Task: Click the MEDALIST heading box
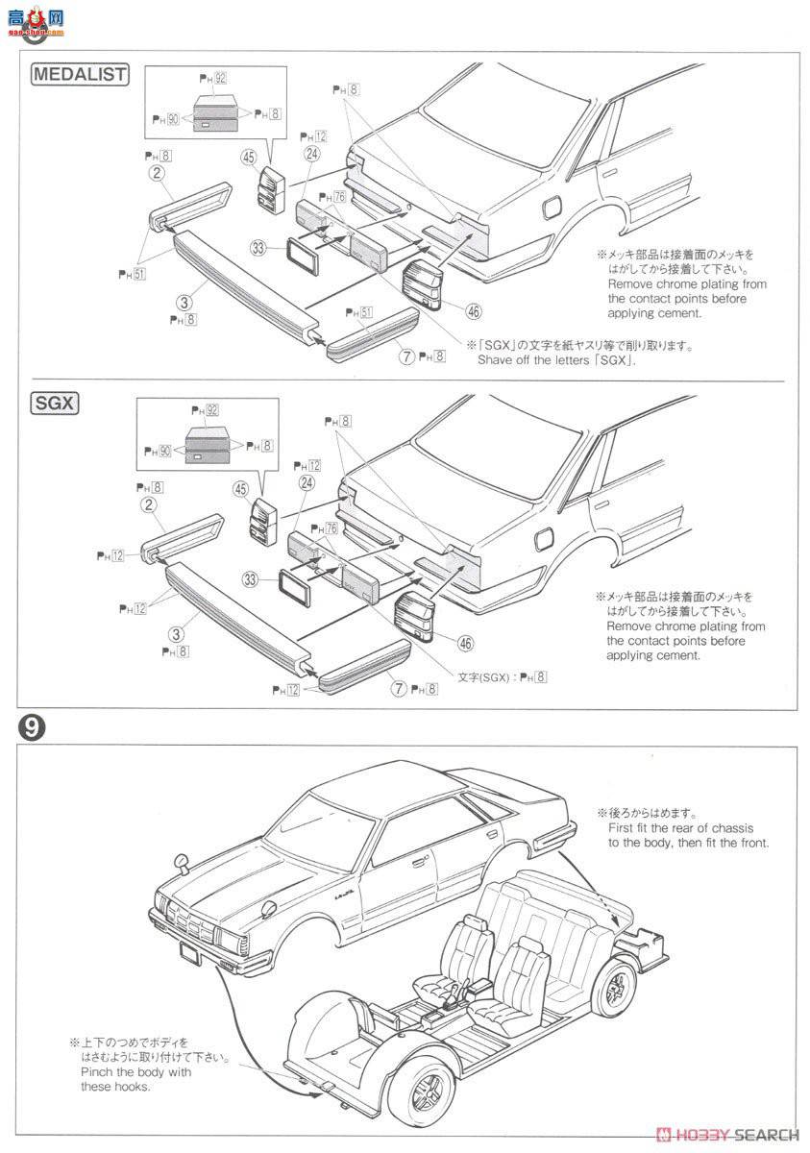click(x=80, y=74)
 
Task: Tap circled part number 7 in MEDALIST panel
click(x=407, y=356)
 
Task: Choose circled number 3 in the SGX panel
click(x=176, y=634)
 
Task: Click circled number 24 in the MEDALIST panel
click(x=311, y=153)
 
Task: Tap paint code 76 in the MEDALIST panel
click(x=338, y=196)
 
